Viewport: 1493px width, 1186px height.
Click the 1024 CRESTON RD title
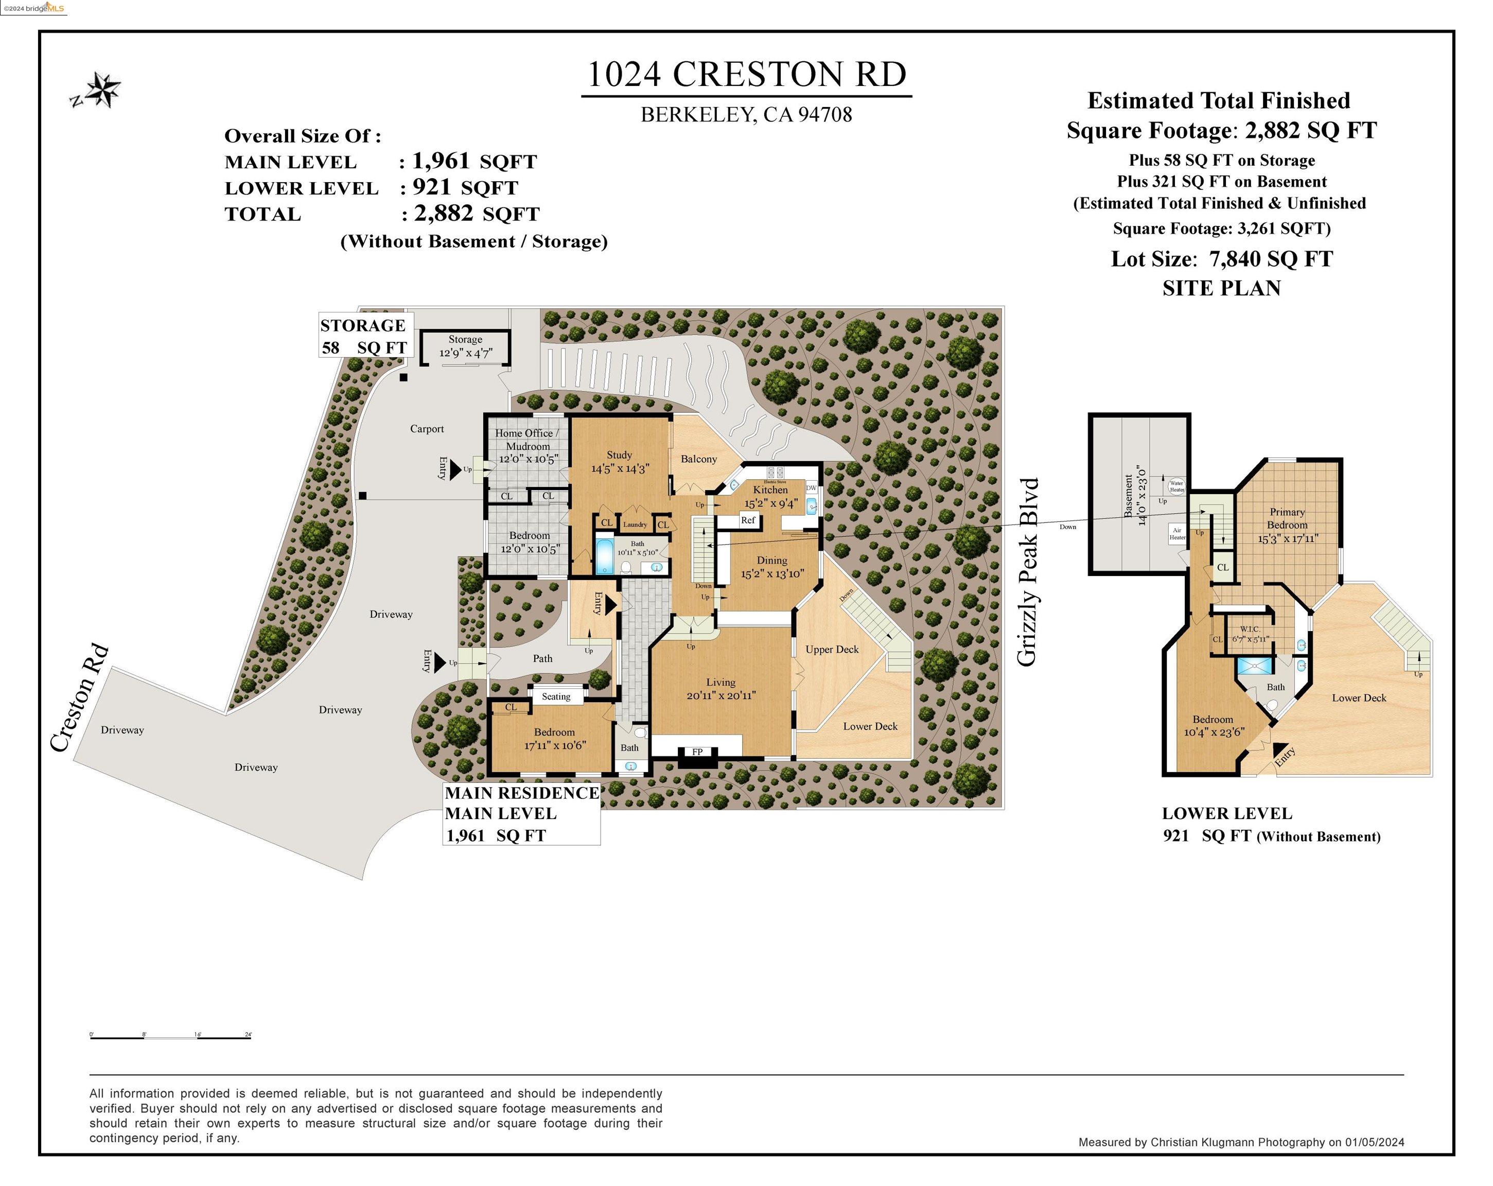[x=746, y=75]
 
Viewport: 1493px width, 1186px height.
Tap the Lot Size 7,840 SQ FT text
[x=1222, y=259]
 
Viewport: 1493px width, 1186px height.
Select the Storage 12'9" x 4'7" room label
[x=465, y=346]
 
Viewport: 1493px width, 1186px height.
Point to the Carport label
[x=427, y=429]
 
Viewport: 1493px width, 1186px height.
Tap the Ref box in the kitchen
[x=748, y=520]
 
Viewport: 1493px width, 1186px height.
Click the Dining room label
[x=771, y=561]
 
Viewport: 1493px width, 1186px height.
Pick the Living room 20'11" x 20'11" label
[x=721, y=689]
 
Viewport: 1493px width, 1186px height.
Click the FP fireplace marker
[x=697, y=752]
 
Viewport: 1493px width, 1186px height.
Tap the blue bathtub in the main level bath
[x=604, y=557]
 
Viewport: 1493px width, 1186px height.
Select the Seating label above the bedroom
[x=556, y=696]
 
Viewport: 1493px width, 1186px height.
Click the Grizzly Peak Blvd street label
[x=1028, y=572]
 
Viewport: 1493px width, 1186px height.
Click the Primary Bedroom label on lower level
[x=1287, y=519]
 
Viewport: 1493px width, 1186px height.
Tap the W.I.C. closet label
[x=1250, y=630]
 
